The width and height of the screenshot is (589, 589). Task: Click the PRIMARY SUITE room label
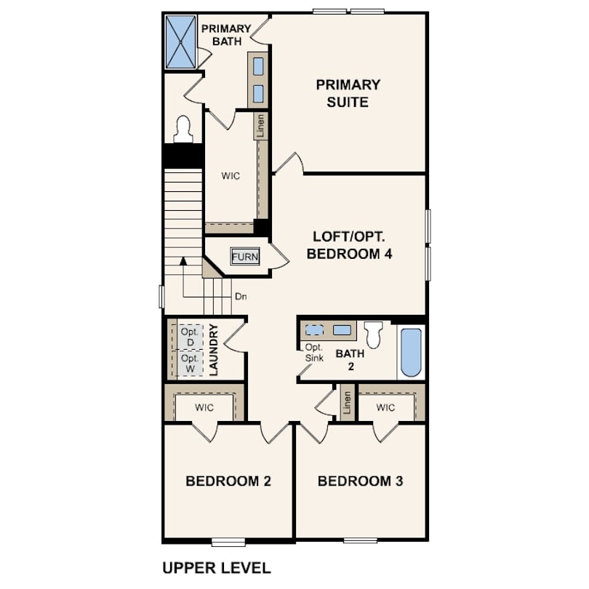(x=348, y=93)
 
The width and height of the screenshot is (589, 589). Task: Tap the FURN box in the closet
(x=245, y=257)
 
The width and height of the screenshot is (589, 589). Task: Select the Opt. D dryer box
(x=190, y=337)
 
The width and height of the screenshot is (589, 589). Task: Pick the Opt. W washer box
(x=190, y=364)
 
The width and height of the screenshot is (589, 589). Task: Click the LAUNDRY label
(x=213, y=350)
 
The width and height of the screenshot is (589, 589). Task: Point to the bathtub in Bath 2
(x=411, y=353)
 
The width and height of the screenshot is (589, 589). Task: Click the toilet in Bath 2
(x=373, y=334)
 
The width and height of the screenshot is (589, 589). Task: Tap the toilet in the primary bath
(x=183, y=129)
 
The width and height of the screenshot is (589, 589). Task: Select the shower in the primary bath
(x=180, y=41)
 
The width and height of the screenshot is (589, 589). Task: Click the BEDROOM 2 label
(x=228, y=481)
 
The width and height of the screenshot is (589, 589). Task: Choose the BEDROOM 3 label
(x=360, y=481)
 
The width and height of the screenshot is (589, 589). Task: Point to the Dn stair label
(x=241, y=297)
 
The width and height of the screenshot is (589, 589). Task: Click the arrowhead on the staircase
(x=183, y=261)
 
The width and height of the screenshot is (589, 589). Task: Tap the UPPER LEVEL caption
(x=217, y=568)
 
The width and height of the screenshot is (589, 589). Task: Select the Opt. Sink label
(x=314, y=353)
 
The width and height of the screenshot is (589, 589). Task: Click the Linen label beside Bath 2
(x=347, y=402)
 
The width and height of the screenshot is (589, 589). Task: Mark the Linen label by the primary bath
(x=260, y=126)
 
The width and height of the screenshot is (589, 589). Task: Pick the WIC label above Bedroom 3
(x=385, y=407)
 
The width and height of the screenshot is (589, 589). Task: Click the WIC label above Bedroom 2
(x=204, y=407)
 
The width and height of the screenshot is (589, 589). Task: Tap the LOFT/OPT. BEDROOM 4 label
(x=349, y=245)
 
